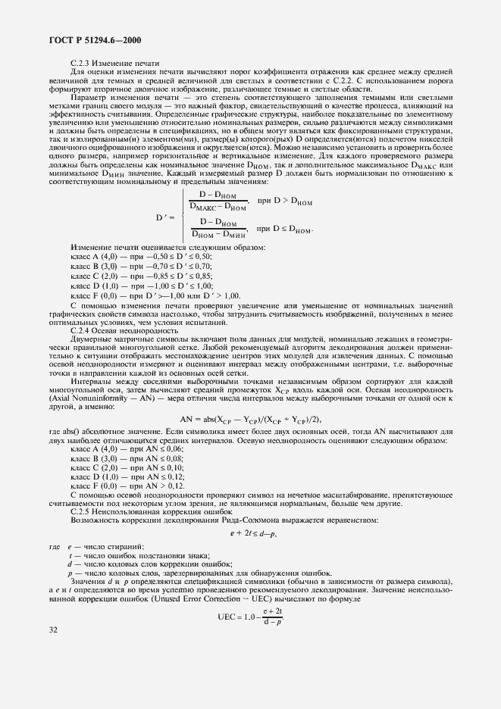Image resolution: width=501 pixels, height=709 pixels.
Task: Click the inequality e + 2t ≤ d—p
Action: tap(253, 534)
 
